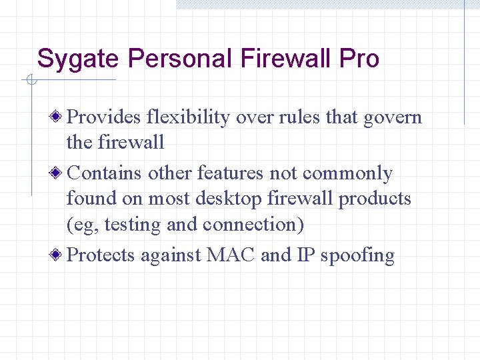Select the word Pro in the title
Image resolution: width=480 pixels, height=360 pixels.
click(x=359, y=59)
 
